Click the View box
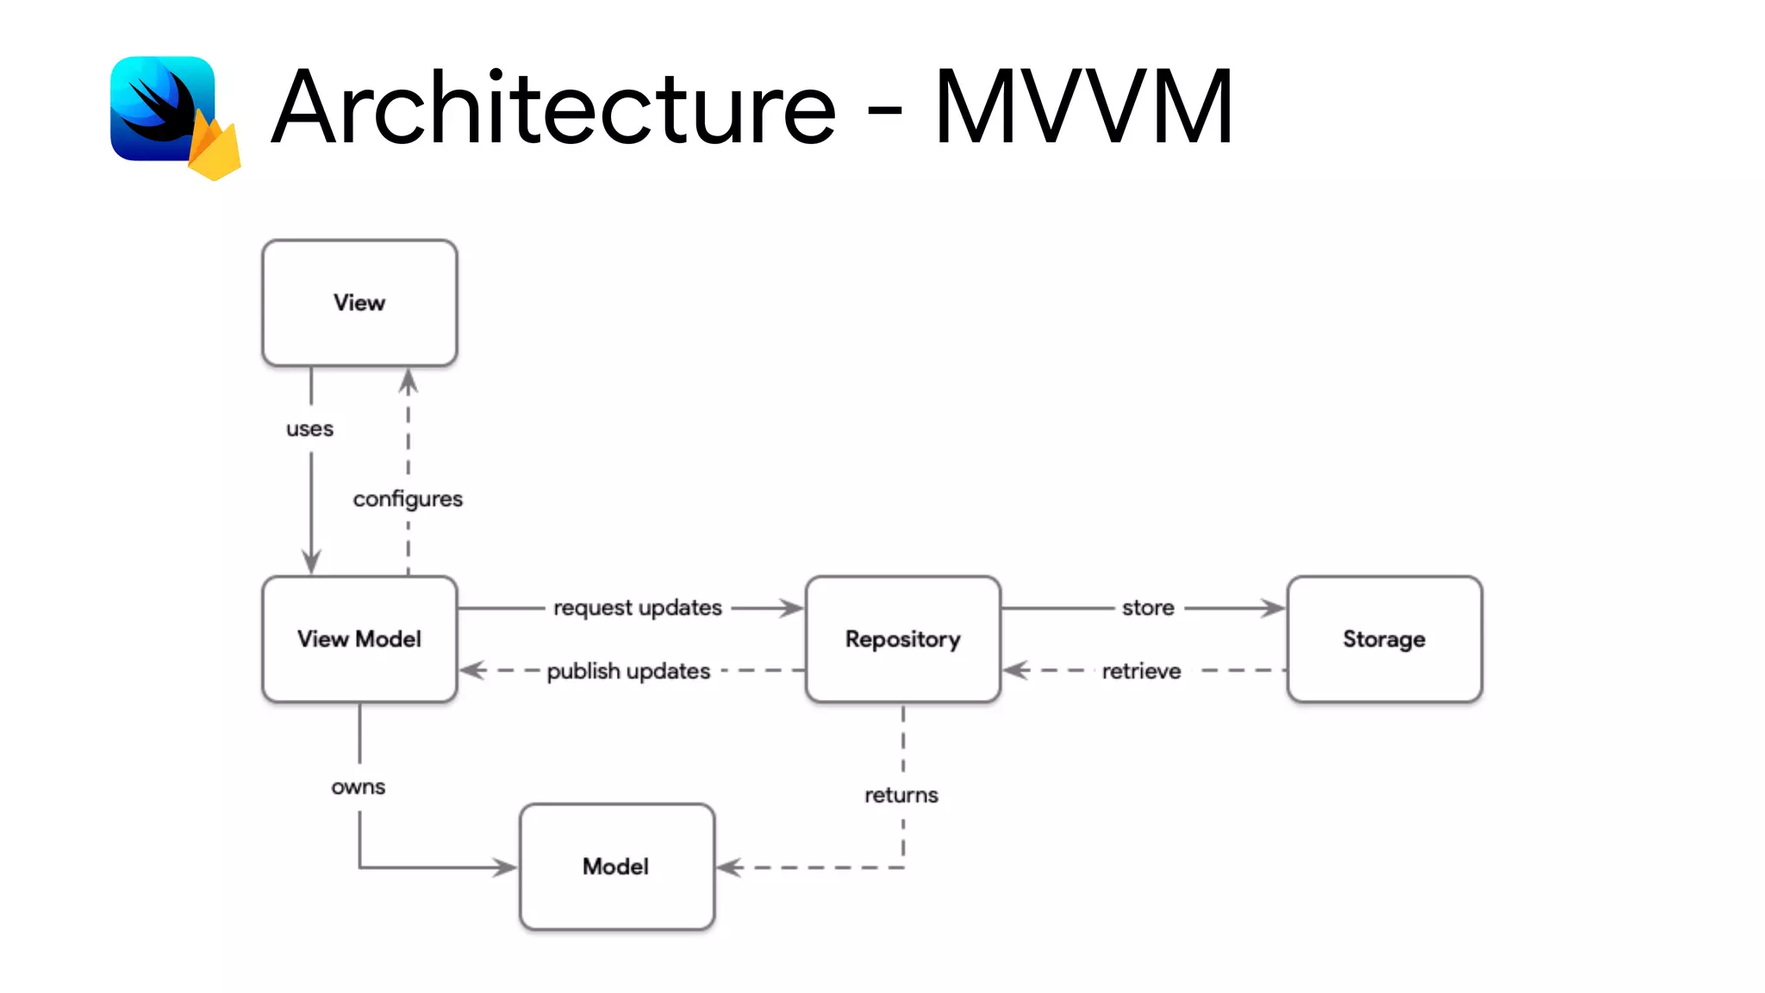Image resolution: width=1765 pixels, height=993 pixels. [359, 303]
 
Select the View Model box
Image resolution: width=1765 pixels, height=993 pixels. [359, 639]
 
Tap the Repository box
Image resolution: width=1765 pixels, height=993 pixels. [902, 639]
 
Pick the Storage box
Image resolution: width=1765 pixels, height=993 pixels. [1384, 639]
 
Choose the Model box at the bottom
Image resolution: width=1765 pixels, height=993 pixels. [616, 866]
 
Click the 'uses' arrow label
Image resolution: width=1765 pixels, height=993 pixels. [309, 428]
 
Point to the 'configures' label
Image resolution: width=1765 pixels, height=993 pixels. [408, 498]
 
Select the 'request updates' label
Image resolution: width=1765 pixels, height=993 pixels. [638, 608]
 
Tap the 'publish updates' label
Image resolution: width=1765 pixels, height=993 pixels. [628, 671]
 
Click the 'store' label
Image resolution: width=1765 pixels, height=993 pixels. [1148, 608]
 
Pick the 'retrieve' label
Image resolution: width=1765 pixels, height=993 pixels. [1141, 671]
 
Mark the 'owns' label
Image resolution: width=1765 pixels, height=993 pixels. [358, 787]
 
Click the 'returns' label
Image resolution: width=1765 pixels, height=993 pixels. [901, 795]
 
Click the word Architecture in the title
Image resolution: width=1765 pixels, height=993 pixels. [553, 108]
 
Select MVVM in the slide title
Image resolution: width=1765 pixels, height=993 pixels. [1083, 108]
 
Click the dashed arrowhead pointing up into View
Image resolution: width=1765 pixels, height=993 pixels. [409, 381]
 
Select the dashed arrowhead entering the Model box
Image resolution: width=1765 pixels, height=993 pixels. [729, 867]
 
